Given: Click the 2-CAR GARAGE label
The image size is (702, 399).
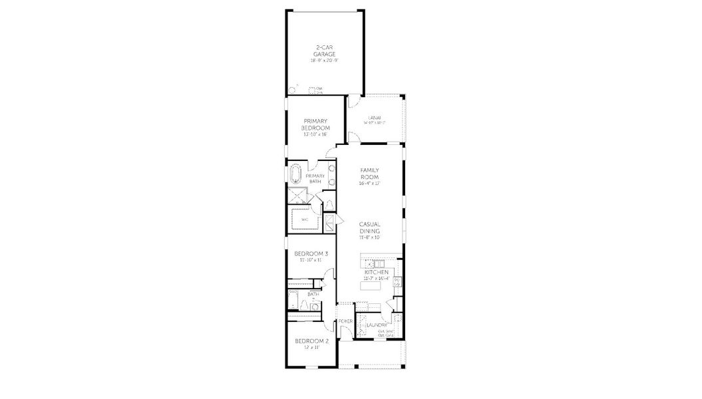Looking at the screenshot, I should pos(325,51).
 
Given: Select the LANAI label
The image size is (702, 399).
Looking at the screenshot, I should pos(374,118).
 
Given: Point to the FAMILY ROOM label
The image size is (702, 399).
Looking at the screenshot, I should pos(369,174).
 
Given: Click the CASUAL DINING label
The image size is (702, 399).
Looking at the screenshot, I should pos(369,227).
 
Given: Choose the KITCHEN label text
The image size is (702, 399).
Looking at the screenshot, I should pos(376,273).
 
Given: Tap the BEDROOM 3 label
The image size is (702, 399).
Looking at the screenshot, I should pos(311,254).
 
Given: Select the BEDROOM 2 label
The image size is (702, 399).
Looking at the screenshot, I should pos(311,340).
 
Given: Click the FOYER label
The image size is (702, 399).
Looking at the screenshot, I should pos(345,321).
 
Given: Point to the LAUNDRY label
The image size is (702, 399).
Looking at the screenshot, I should pos(376,325).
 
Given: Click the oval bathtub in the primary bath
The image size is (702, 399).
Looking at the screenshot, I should pos(295,175).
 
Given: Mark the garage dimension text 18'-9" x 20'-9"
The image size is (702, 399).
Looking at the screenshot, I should pos(325,61).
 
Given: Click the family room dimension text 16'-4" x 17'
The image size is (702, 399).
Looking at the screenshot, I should pos(369,184).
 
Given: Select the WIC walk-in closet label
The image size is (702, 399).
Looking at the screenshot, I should pos(305,219).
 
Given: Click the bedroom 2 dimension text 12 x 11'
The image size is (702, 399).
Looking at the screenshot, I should pos(311,347).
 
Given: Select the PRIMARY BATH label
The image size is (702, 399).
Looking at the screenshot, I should pos(315,179).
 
